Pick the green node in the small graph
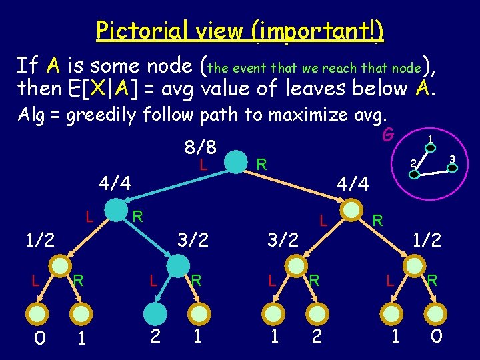[413, 175]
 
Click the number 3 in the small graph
[451, 159]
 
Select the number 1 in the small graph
[431, 139]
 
